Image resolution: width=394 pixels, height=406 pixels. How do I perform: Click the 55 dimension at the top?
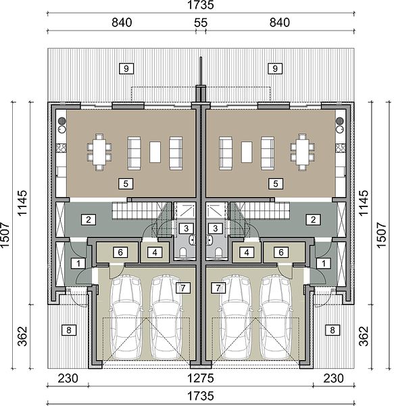201,23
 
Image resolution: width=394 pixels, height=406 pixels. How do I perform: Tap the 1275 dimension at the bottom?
200,378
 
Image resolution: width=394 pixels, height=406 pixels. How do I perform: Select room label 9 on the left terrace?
126,68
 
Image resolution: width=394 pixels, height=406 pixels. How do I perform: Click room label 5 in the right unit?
276,183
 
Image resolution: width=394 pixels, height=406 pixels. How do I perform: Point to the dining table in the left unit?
99,152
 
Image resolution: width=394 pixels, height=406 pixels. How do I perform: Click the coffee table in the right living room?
247,152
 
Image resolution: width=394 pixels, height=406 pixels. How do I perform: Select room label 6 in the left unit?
120,252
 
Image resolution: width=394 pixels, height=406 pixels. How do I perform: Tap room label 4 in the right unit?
247,252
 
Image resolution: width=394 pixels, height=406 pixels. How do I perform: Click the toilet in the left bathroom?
183,252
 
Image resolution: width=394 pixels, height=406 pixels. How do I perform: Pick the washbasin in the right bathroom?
210,240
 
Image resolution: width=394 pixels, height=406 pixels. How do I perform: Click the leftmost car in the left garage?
126,317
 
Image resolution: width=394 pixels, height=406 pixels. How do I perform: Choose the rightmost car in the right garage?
276,317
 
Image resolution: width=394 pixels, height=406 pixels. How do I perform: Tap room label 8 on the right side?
333,330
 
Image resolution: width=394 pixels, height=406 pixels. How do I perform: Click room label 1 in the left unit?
78,263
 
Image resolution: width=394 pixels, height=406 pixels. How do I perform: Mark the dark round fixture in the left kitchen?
61,120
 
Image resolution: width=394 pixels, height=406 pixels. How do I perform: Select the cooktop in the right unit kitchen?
340,148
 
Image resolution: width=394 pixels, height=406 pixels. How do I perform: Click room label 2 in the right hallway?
313,219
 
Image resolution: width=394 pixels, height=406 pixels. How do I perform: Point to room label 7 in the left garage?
183,288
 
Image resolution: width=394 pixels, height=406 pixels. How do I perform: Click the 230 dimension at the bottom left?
68,378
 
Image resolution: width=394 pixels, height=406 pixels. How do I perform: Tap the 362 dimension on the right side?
363,336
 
